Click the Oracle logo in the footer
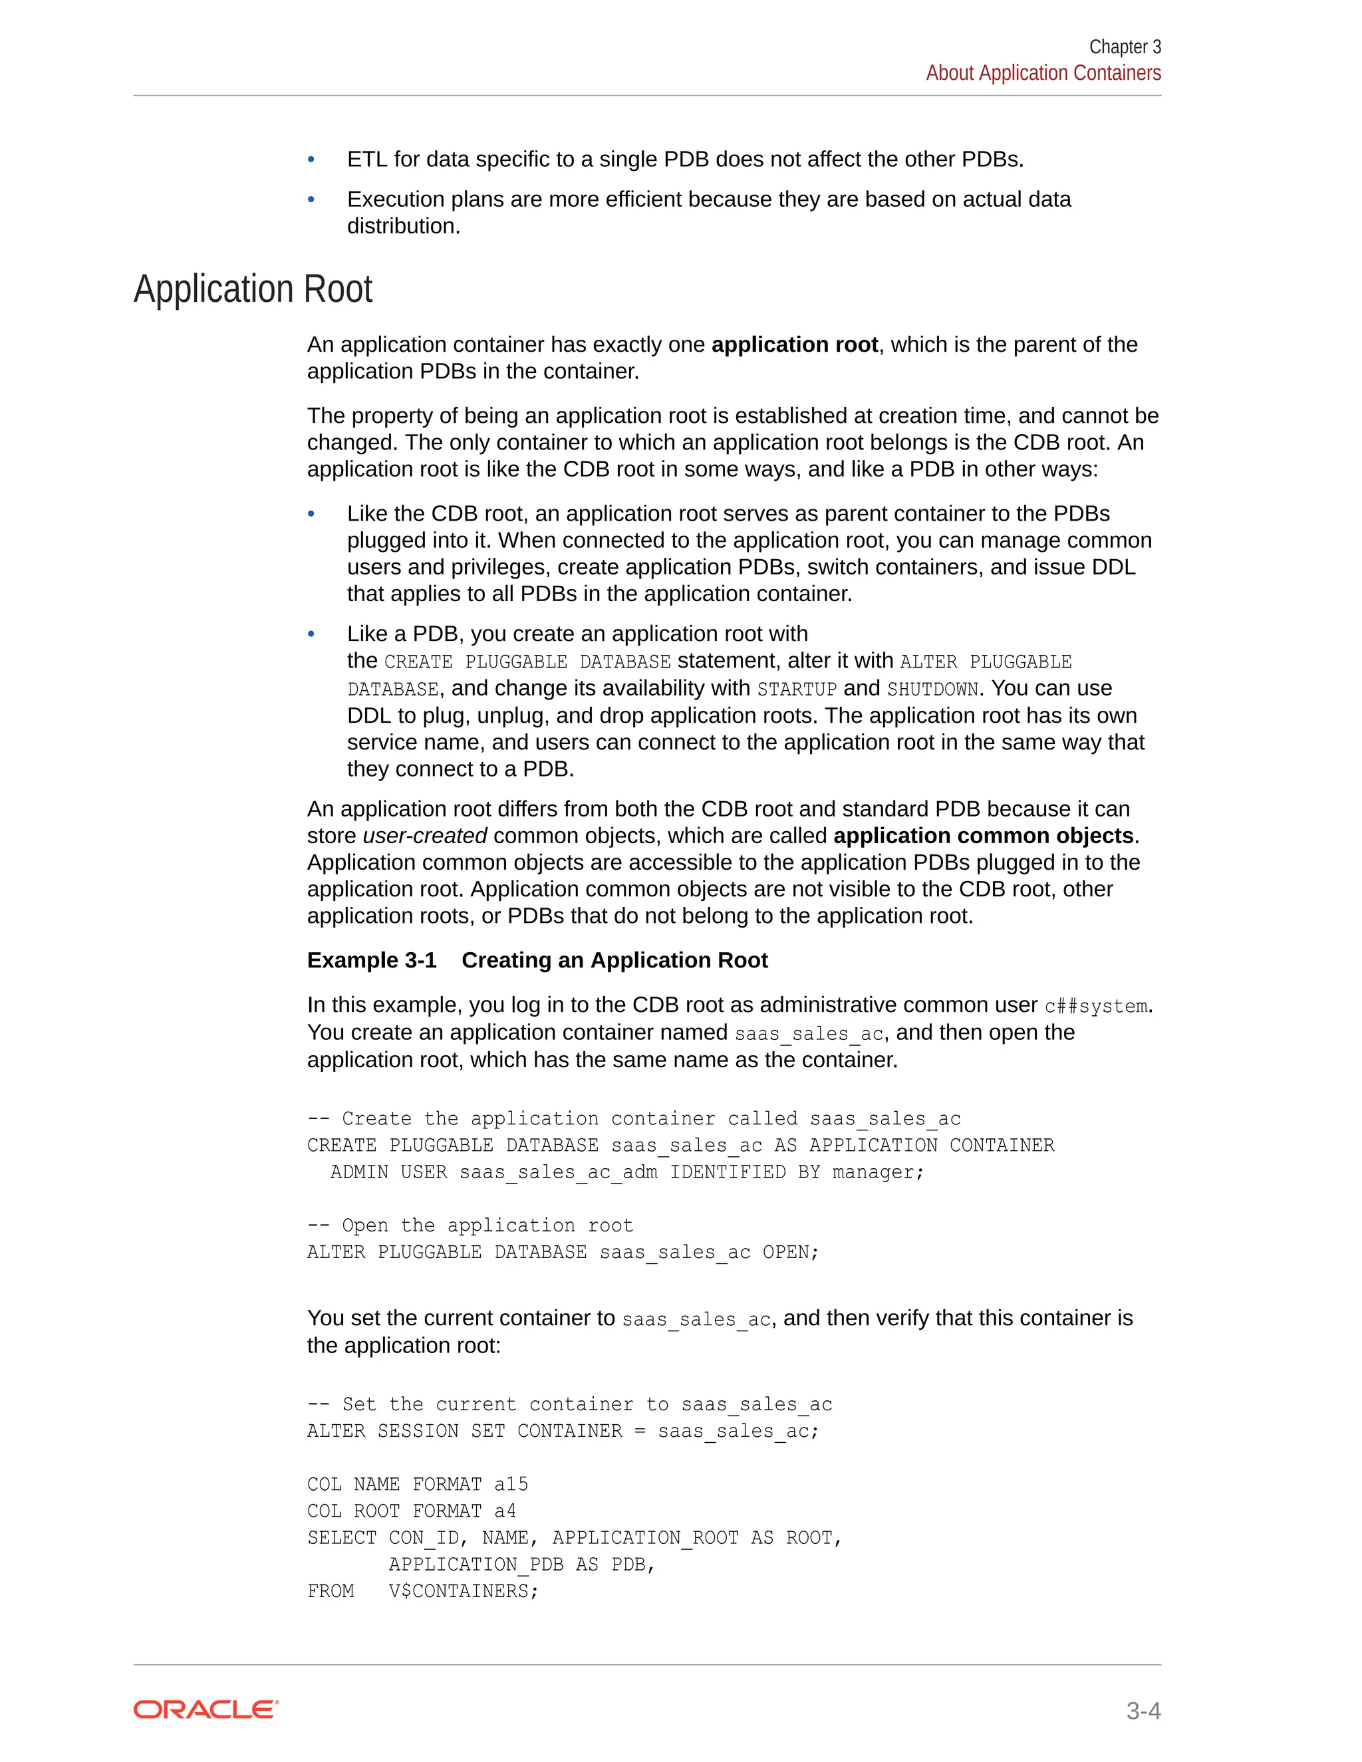[205, 1709]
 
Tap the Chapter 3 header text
[1124, 47]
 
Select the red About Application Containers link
[1043, 73]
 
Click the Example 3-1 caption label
[371, 960]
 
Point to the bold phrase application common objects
[983, 836]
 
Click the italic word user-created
[424, 836]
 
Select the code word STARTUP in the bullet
[796, 689]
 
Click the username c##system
[1096, 1006]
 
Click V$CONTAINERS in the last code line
[462, 1592]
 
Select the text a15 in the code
[511, 1485]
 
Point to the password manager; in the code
[878, 1172]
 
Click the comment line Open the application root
[470, 1225]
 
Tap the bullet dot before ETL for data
[311, 160]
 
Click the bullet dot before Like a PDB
[311, 634]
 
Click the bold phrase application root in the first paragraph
[794, 344]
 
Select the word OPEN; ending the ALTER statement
[790, 1252]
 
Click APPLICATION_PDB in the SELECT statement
[476, 1565]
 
